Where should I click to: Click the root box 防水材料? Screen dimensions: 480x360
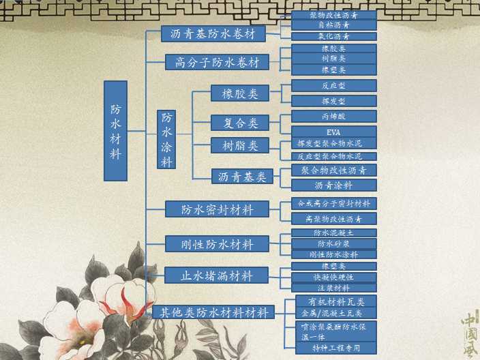pos(115,131)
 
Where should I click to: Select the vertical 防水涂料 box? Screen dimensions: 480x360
pos(166,139)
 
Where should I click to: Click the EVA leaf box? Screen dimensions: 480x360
pos(333,132)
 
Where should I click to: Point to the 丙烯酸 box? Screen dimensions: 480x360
pos(333,116)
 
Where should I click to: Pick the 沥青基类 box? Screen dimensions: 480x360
pos(241,177)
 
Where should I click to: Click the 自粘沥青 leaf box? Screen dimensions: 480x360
pos(333,25)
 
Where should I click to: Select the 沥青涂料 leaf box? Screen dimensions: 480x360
pos(333,185)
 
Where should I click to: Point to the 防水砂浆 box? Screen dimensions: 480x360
pos(333,243)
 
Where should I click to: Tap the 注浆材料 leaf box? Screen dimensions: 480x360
pos(333,288)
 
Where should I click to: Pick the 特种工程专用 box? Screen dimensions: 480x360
pos(333,348)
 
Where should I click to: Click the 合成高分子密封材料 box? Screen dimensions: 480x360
pos(333,203)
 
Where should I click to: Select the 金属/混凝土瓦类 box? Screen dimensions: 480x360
pos(333,313)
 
